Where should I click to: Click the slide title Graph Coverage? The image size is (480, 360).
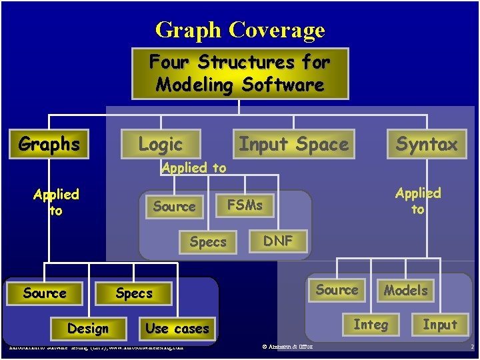click(x=240, y=30)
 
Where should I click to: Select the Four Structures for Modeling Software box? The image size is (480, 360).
click(x=240, y=73)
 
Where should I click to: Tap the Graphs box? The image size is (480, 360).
click(x=49, y=144)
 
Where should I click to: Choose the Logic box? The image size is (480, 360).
click(x=160, y=144)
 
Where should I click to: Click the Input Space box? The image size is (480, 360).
click(x=293, y=144)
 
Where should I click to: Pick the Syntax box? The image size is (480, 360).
click(x=427, y=144)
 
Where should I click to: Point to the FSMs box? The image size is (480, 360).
click(x=245, y=205)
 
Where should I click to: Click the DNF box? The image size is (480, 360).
click(x=277, y=241)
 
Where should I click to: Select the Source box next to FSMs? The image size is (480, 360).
click(x=174, y=207)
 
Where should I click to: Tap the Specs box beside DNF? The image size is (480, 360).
click(x=207, y=242)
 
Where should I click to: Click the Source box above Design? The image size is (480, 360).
click(x=45, y=293)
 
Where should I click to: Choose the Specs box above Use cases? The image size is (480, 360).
click(x=133, y=293)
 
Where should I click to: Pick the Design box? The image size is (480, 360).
click(x=87, y=329)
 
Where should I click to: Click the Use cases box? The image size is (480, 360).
click(x=177, y=329)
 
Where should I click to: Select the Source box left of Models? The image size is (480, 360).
click(x=337, y=290)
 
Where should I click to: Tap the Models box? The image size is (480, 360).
click(x=405, y=290)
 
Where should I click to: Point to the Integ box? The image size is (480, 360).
click(x=370, y=325)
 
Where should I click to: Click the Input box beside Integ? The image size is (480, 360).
click(x=440, y=325)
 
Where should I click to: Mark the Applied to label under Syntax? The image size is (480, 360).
click(x=418, y=201)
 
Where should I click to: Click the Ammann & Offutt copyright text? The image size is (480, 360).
click(x=288, y=347)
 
